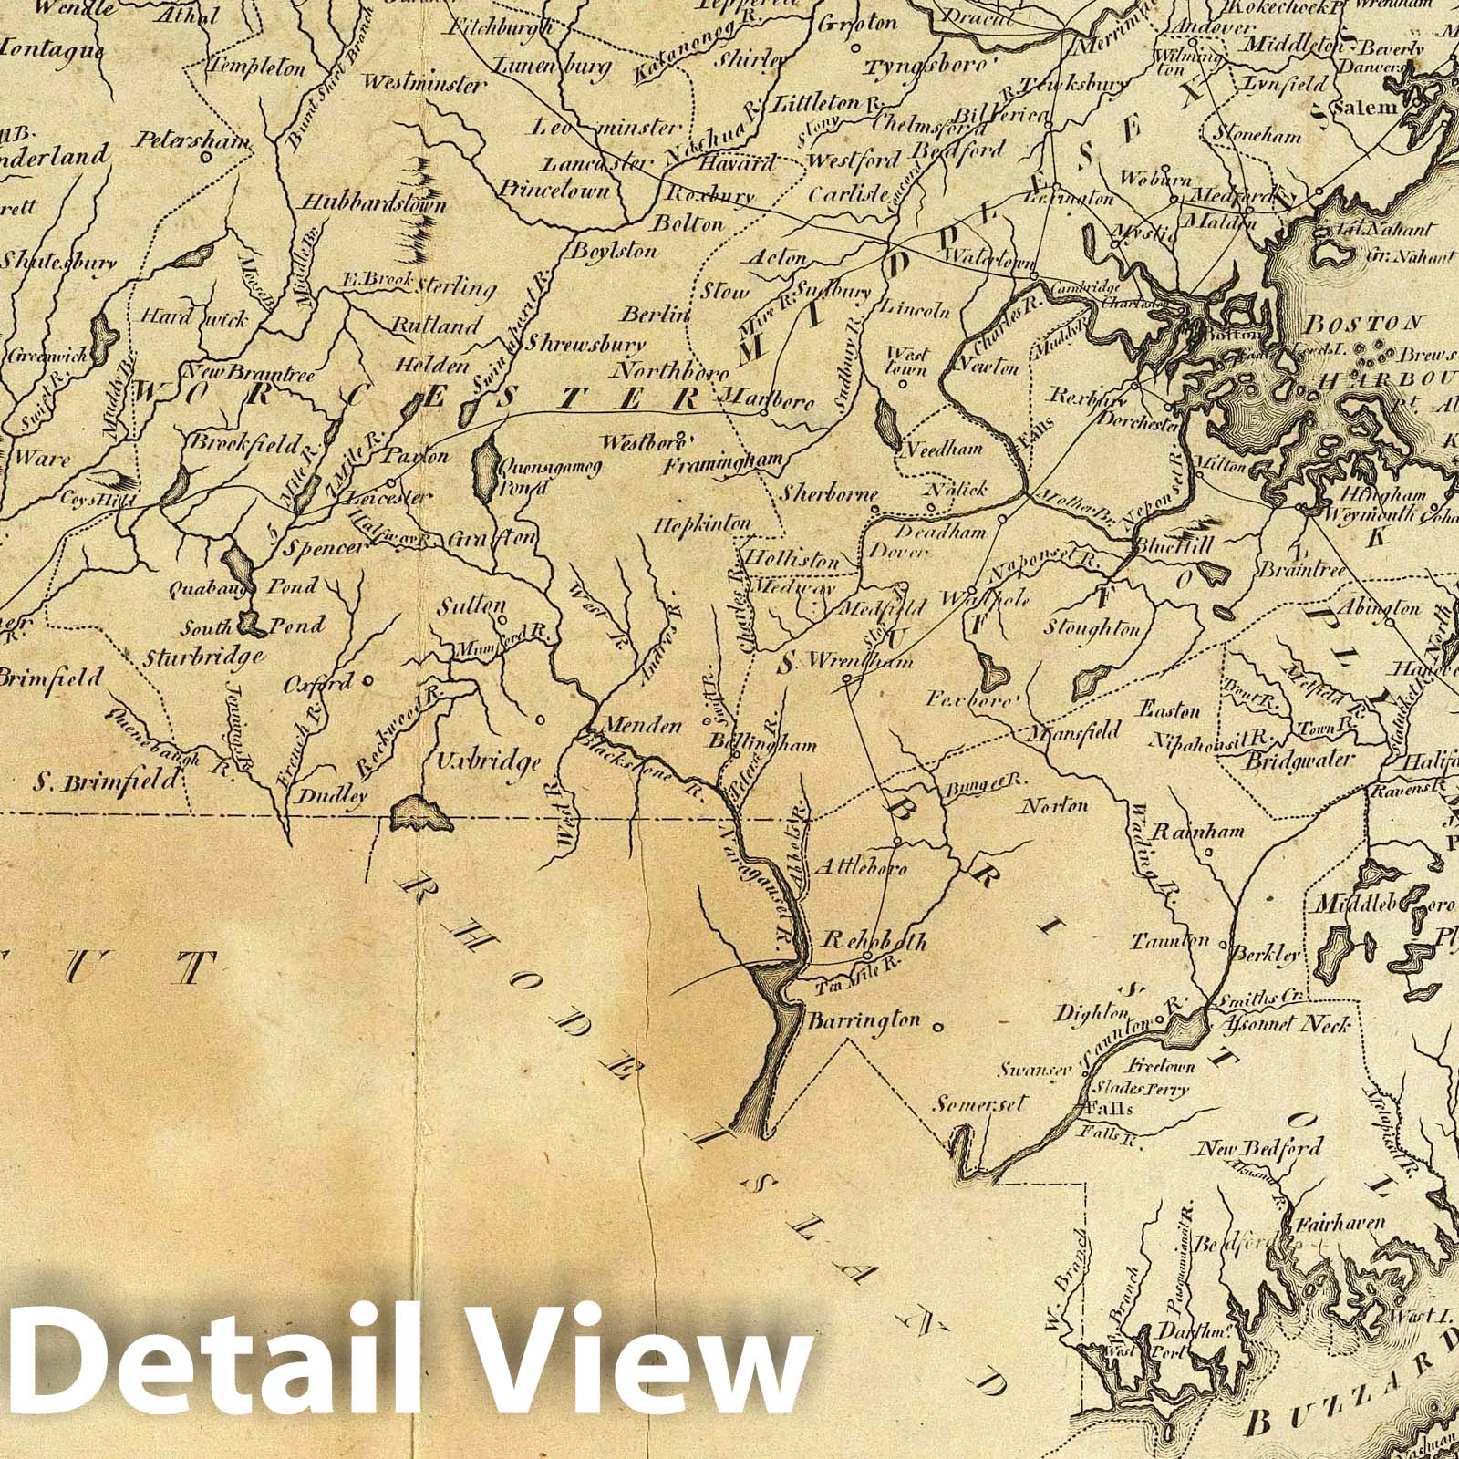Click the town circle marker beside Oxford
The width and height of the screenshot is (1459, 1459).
(367, 679)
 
